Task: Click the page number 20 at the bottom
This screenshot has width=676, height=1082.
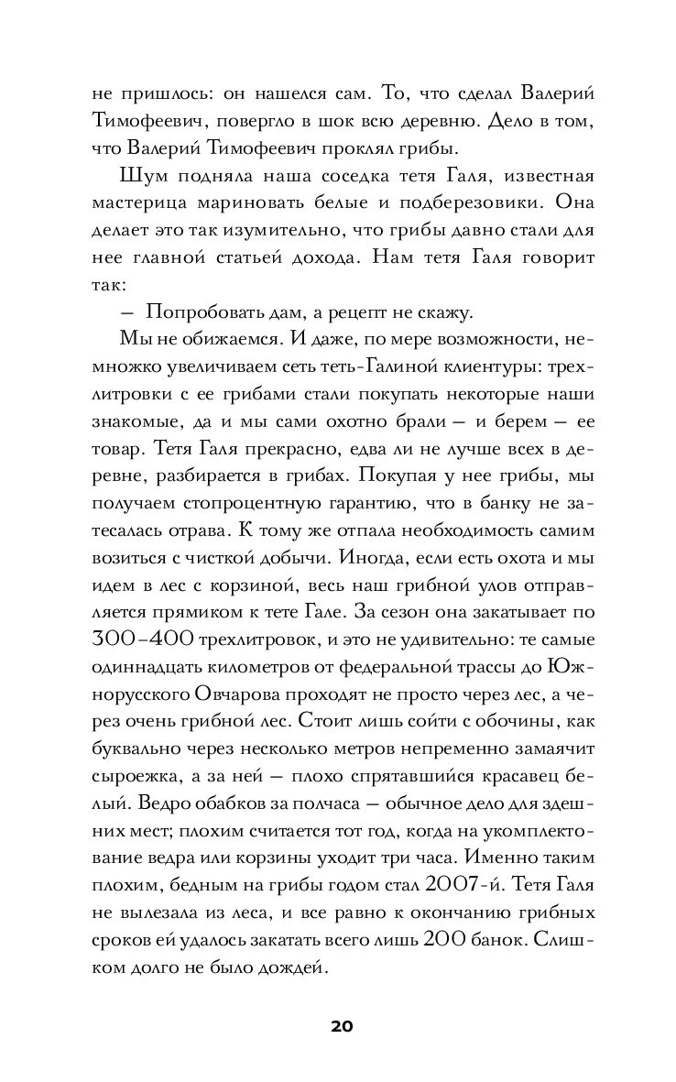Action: (x=337, y=1024)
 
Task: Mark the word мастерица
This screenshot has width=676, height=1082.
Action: (x=140, y=204)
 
